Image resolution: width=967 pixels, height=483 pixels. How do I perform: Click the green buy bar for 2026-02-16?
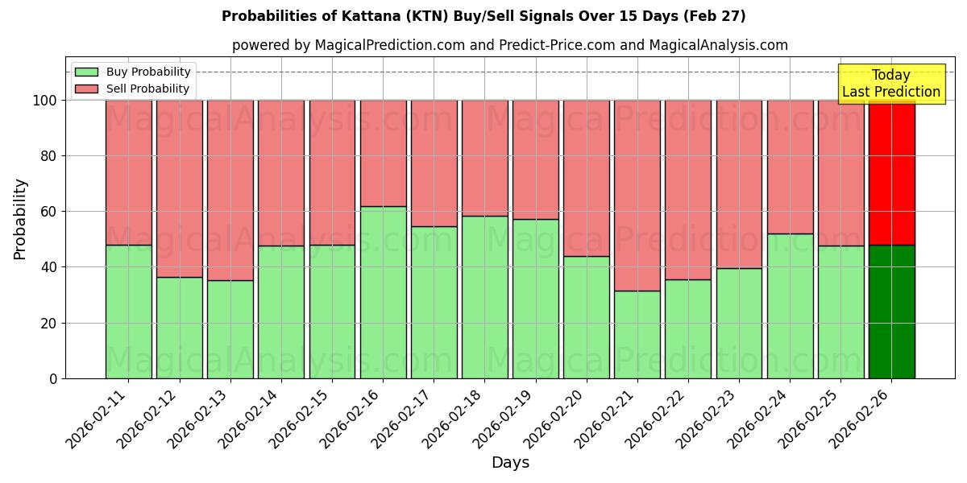tap(383, 292)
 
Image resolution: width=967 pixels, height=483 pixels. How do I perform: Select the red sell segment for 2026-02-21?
tap(637, 196)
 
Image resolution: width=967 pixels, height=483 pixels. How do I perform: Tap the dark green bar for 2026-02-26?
tap(892, 312)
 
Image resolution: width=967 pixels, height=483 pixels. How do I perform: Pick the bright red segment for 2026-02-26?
tap(892, 173)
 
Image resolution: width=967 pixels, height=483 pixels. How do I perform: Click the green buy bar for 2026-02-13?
tap(230, 329)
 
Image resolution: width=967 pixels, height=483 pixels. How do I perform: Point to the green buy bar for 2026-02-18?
tap(485, 297)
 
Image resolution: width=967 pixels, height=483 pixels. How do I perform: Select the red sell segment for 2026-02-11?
tap(129, 172)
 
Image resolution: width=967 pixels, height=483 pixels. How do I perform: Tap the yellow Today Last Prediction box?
tap(890, 84)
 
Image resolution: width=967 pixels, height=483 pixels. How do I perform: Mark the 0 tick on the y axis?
tap(52, 378)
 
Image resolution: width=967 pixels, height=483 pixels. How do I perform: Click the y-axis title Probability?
tap(20, 218)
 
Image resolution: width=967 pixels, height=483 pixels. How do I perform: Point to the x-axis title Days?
tap(510, 463)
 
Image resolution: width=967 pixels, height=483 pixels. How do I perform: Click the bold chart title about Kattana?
tap(483, 16)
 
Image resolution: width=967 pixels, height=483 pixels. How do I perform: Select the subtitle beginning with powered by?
tap(510, 45)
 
